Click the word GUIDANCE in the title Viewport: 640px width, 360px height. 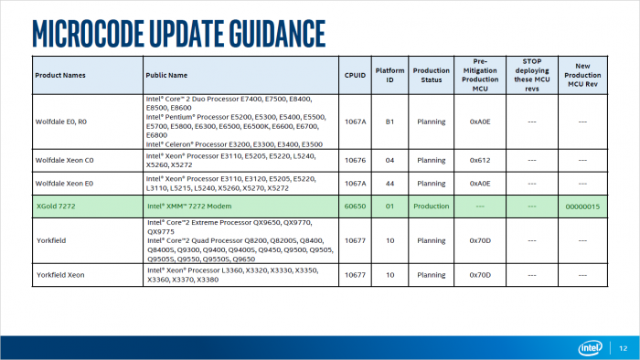[x=277, y=33]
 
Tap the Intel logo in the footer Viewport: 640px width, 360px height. [x=590, y=348]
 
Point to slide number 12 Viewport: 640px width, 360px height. [x=623, y=348]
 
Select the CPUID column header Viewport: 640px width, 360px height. [x=355, y=75]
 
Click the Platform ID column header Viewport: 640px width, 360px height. [x=389, y=75]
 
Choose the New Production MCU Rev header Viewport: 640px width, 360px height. [x=582, y=75]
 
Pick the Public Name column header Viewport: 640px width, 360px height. [x=166, y=75]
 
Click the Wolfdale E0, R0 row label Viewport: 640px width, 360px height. [x=61, y=122]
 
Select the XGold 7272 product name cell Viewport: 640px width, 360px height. [x=56, y=206]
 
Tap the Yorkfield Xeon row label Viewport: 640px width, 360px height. [x=60, y=275]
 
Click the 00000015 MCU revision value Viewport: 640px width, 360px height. [x=582, y=206]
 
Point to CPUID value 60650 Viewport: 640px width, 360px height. [x=355, y=206]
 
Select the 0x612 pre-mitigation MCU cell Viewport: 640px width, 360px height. [x=480, y=160]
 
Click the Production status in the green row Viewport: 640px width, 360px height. [x=431, y=206]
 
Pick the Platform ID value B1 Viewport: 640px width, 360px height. [x=389, y=122]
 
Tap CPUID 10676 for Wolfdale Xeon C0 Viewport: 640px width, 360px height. [x=355, y=160]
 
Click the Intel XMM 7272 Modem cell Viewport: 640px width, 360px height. [x=189, y=206]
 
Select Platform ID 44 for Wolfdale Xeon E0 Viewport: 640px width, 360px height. [x=389, y=184]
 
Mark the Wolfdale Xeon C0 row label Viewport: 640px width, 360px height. [x=65, y=160]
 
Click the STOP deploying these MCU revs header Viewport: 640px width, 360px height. [x=532, y=75]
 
